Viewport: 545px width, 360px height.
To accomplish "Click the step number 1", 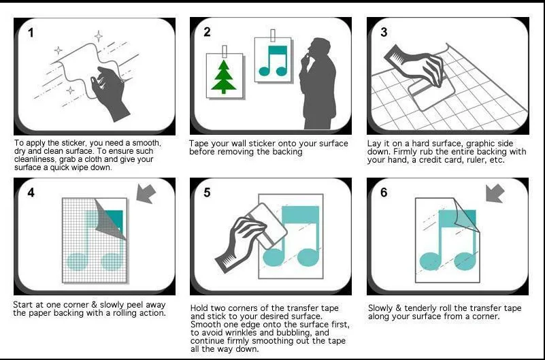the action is (31, 33).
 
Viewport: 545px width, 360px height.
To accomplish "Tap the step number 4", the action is (31, 193).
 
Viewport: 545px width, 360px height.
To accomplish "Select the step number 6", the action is (384, 193).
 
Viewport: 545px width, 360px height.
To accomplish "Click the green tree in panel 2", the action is (223, 77).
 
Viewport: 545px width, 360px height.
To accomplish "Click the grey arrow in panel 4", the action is (146, 193).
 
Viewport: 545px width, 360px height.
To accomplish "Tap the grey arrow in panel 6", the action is (495, 193).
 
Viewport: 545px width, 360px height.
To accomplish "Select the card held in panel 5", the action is (267, 225).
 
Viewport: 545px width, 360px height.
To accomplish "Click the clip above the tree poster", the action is (224, 52).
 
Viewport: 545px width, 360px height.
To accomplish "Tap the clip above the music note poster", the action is (272, 35).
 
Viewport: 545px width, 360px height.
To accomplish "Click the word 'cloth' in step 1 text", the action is (108, 159).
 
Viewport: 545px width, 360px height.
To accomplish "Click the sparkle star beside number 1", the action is (59, 50).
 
